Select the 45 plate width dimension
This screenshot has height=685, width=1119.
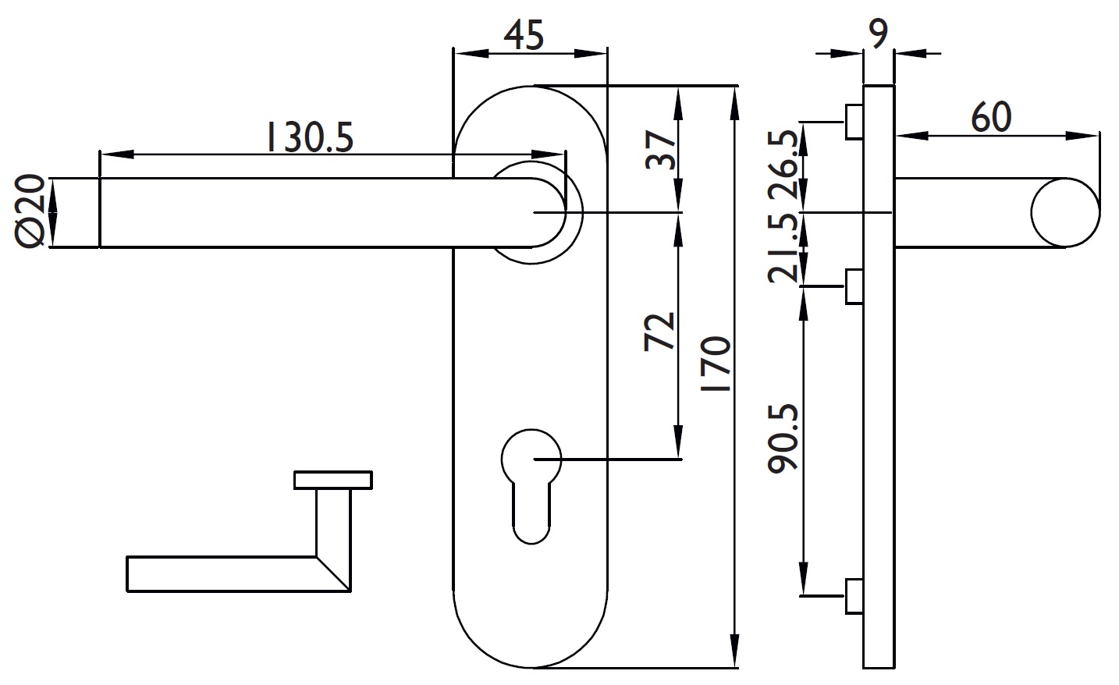pyautogui.click(x=524, y=35)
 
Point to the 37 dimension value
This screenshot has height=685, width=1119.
pyautogui.click(x=660, y=150)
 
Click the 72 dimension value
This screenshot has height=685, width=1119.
pyautogui.click(x=659, y=332)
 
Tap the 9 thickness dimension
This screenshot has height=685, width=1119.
pyautogui.click(x=878, y=34)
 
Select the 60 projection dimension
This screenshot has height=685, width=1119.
pyautogui.click(x=992, y=117)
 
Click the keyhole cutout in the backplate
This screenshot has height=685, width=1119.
pyautogui.click(x=531, y=485)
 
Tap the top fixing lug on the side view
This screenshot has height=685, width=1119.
pyautogui.click(x=854, y=122)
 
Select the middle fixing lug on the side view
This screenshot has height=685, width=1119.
pyautogui.click(x=854, y=286)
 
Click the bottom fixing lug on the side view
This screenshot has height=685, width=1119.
pyautogui.click(x=854, y=596)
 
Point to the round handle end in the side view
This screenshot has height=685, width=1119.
pyautogui.click(x=1065, y=212)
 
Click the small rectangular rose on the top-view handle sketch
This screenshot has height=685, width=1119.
pyautogui.click(x=333, y=480)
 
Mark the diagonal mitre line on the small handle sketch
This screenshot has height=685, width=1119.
pyautogui.click(x=333, y=573)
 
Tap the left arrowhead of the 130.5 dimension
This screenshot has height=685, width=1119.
pyautogui.click(x=117, y=154)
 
